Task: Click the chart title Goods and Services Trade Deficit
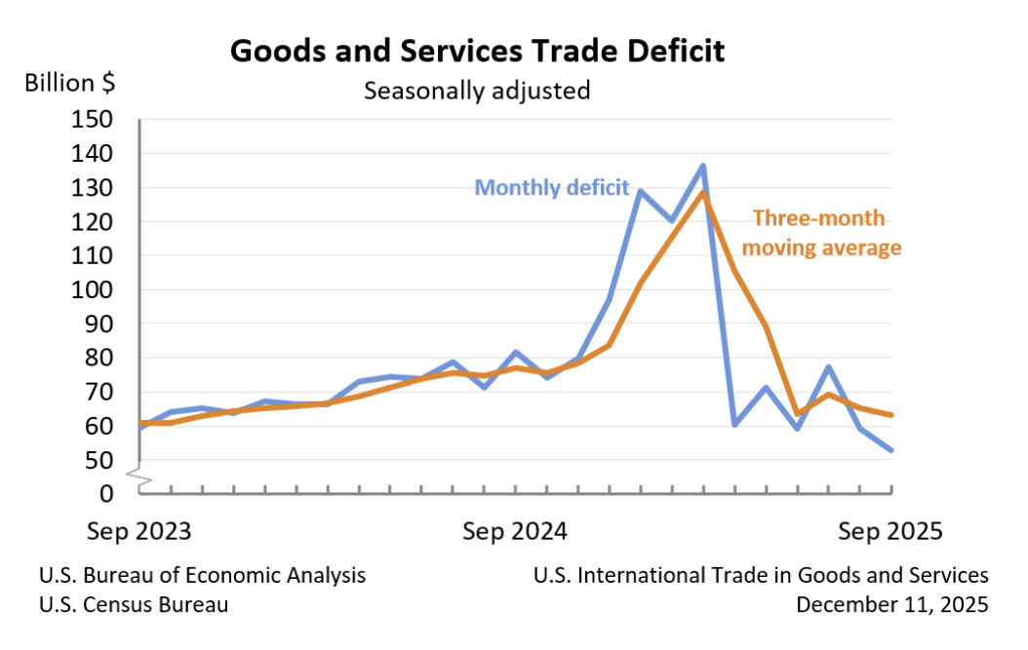[x=477, y=51]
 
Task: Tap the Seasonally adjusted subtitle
[x=477, y=91]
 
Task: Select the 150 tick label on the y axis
[x=94, y=120]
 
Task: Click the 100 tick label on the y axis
[x=94, y=290]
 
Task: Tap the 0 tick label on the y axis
[x=106, y=492]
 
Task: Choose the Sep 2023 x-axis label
[x=138, y=531]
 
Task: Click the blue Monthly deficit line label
[x=552, y=188]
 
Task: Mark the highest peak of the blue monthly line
[x=703, y=166]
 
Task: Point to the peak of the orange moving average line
[x=703, y=192]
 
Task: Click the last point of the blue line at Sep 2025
[x=891, y=450]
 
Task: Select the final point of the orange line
[x=891, y=415]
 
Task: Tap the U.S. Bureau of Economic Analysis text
[x=203, y=575]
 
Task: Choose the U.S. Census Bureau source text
[x=134, y=604]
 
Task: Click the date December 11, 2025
[x=891, y=604]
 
